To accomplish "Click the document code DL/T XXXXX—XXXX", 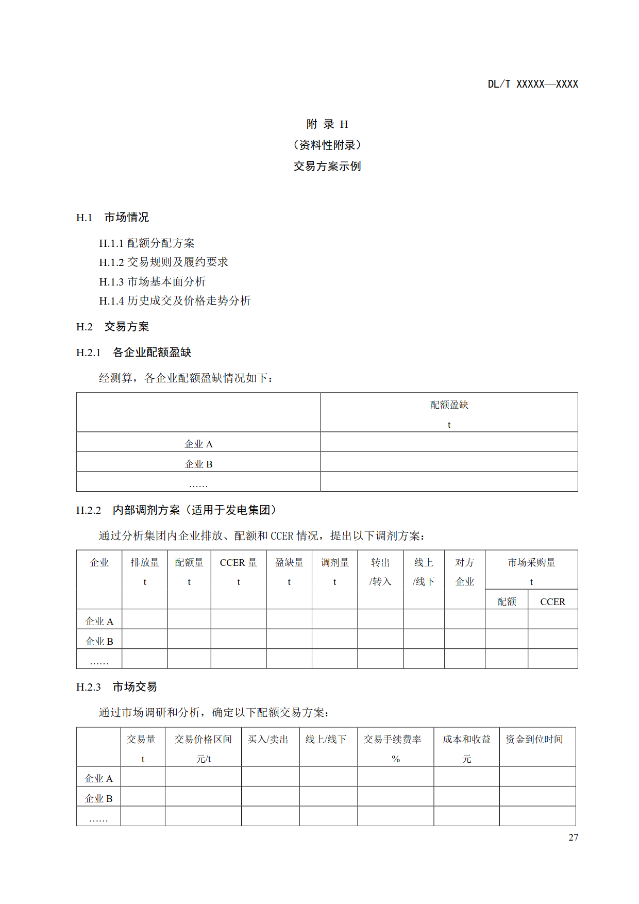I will tap(533, 84).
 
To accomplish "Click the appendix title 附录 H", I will tap(327, 124).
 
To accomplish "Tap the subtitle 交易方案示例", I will tap(327, 166).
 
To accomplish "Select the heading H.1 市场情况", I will tap(112, 217).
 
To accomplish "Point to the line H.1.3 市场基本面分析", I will tap(152, 281).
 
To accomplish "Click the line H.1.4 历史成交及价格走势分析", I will tap(175, 300).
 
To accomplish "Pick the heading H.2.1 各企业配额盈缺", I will tap(133, 353).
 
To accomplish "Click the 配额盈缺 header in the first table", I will tap(449, 405).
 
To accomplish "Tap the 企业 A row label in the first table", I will tap(198, 444).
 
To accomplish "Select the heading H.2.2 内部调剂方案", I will tap(176, 510).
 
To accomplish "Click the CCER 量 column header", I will tap(238, 563).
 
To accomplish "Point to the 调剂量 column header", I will tap(335, 563).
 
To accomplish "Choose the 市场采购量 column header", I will tap(531, 563).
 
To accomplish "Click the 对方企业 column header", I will tap(464, 572).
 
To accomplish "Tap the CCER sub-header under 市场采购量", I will tap(552, 601).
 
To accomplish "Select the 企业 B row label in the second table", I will tap(99, 641).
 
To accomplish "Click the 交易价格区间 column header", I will tap(203, 740).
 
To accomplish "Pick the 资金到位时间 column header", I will tap(534, 740).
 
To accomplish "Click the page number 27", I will tap(573, 838).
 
